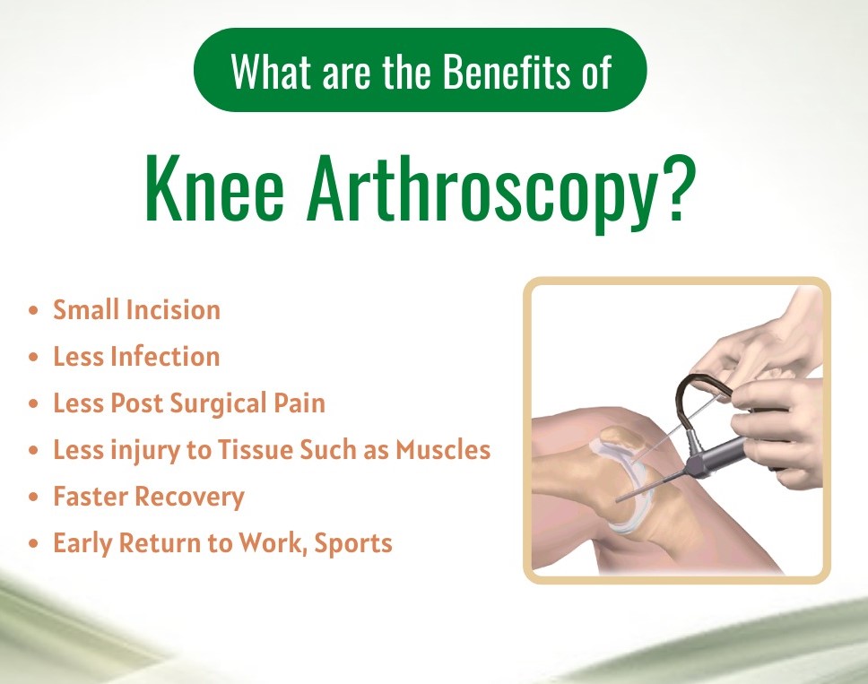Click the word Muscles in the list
coord(443,449)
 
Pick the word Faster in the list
coord(91,496)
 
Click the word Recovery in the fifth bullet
coord(189,497)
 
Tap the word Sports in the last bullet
coord(353,543)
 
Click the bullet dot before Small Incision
coord(34,310)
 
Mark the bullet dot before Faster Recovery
coord(34,497)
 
